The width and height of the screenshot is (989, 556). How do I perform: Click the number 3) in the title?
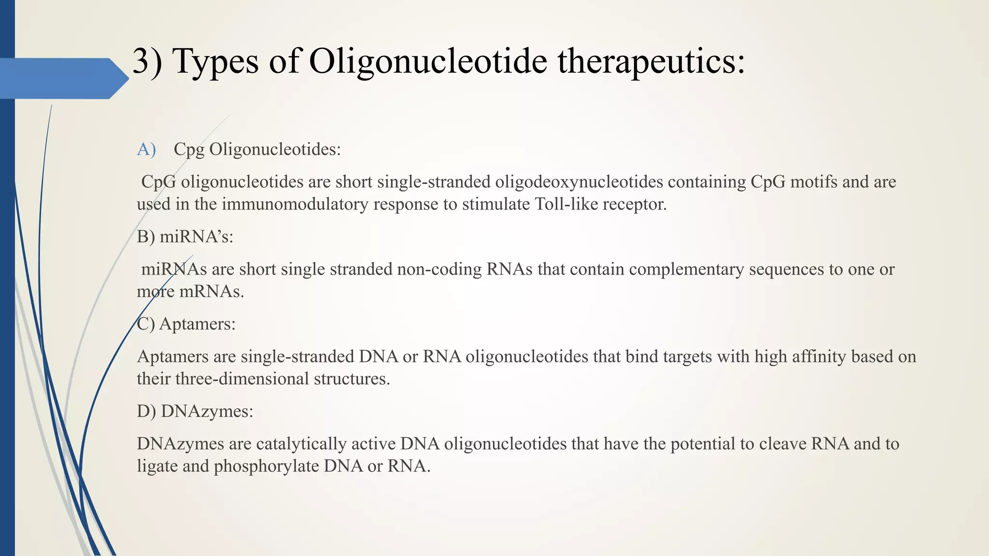point(147,62)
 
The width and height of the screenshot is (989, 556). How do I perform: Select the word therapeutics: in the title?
point(651,62)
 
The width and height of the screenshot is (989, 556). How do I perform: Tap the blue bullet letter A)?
point(146,150)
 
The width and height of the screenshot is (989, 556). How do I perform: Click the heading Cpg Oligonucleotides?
point(257,150)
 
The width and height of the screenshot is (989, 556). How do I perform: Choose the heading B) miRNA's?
point(185,237)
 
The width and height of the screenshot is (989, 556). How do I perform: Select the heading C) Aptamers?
point(186,324)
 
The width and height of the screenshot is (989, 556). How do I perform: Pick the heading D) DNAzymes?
point(195,411)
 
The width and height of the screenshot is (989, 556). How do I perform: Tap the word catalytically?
point(301,444)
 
